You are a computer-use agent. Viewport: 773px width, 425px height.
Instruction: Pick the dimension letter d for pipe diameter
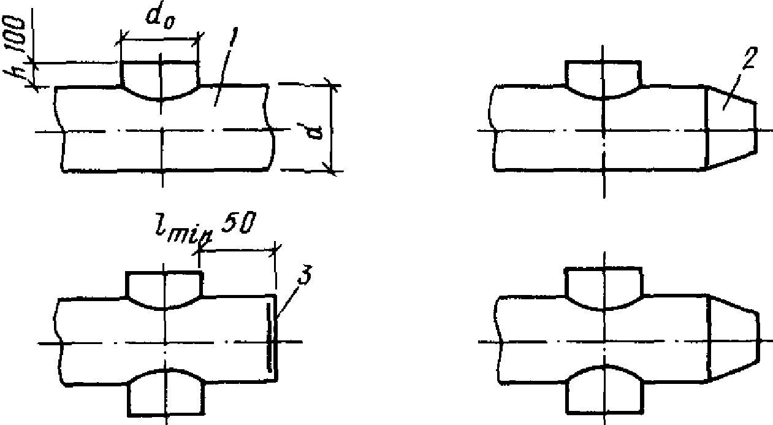click(318, 131)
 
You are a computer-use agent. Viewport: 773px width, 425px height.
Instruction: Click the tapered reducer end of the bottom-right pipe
click(733, 340)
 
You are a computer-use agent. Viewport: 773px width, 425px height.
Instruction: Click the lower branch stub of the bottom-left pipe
click(164, 396)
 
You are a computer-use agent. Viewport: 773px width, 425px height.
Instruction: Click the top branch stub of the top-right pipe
click(603, 77)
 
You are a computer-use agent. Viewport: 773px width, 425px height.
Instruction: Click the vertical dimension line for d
click(332, 129)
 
